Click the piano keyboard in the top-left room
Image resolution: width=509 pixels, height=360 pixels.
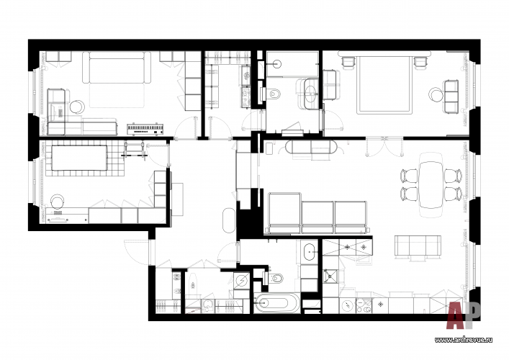(x=148, y=129)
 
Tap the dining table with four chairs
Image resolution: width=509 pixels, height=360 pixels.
(x=431, y=182)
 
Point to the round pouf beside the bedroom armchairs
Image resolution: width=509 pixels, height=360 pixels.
(x=436, y=94)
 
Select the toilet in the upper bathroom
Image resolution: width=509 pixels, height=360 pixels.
(x=274, y=94)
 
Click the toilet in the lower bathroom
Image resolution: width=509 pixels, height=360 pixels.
(x=276, y=278)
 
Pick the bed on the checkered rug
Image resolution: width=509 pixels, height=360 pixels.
(x=81, y=158)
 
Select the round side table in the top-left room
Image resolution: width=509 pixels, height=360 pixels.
(x=76, y=109)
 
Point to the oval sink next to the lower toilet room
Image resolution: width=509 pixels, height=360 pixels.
(x=309, y=253)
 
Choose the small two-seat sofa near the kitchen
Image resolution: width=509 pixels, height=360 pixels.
(x=418, y=246)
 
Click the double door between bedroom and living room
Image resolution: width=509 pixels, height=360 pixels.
(x=379, y=147)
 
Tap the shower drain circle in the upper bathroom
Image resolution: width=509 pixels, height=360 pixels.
(x=275, y=63)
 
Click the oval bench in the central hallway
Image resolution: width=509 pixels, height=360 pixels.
(x=229, y=221)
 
